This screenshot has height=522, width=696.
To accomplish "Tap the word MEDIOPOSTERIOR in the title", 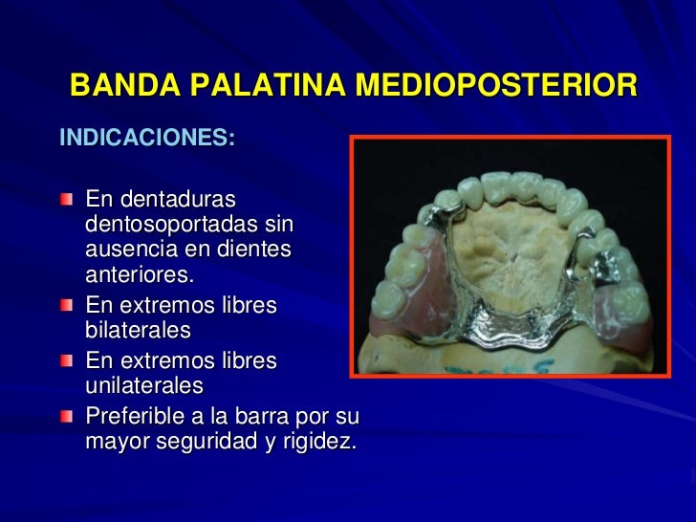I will (496, 86).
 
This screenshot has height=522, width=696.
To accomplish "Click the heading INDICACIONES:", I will (146, 138).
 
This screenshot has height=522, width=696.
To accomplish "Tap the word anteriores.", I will (140, 275).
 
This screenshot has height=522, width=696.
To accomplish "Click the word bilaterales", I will (138, 331).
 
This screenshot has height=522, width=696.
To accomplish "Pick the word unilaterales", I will (143, 386).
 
